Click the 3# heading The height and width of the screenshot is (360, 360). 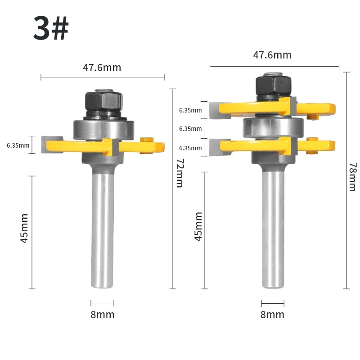pyautogui.click(x=51, y=28)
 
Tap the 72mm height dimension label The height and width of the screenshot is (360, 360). pyautogui.click(x=180, y=173)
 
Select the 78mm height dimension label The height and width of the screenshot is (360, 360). pyautogui.click(x=353, y=177)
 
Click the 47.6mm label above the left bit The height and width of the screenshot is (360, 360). pyautogui.click(x=102, y=67)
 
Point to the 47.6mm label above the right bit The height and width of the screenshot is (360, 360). pyautogui.click(x=272, y=55)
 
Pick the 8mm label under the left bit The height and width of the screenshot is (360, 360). pyautogui.click(x=103, y=315)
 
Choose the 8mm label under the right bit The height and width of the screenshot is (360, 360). pyautogui.click(x=272, y=315)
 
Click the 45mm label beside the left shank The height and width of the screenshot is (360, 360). pyautogui.click(x=24, y=228)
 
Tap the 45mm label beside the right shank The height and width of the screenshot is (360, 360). pyautogui.click(x=198, y=227)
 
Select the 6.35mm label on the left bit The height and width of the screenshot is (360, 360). pyautogui.click(x=18, y=145)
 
